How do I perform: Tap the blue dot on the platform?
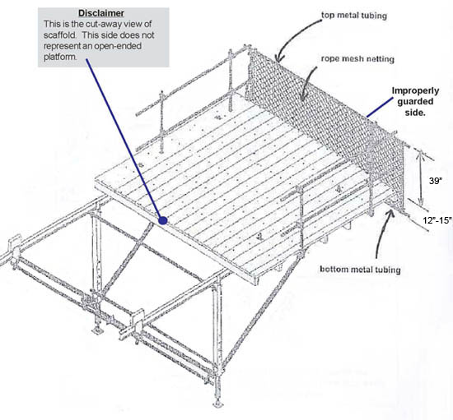pyautogui.click(x=164, y=220)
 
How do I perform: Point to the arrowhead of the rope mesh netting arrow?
pyautogui.click(x=304, y=99)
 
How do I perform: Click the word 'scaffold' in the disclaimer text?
pyautogui.click(x=62, y=37)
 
